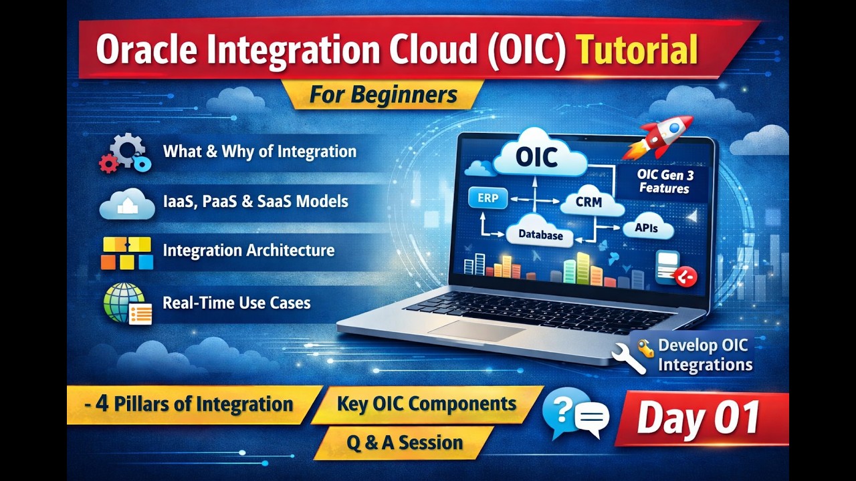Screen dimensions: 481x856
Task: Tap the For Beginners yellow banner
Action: pos(383,95)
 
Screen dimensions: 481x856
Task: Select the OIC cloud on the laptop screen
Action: pos(538,158)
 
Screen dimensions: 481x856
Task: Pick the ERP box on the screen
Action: pos(488,198)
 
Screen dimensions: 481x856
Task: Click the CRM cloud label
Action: pos(588,202)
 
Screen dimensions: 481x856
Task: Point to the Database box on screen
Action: pos(540,235)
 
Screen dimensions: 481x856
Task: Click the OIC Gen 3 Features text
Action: pos(663,181)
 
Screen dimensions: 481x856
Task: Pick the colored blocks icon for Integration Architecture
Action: pos(127,253)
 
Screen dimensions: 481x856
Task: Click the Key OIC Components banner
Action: pos(426,404)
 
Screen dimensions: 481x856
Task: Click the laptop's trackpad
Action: pos(476,329)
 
